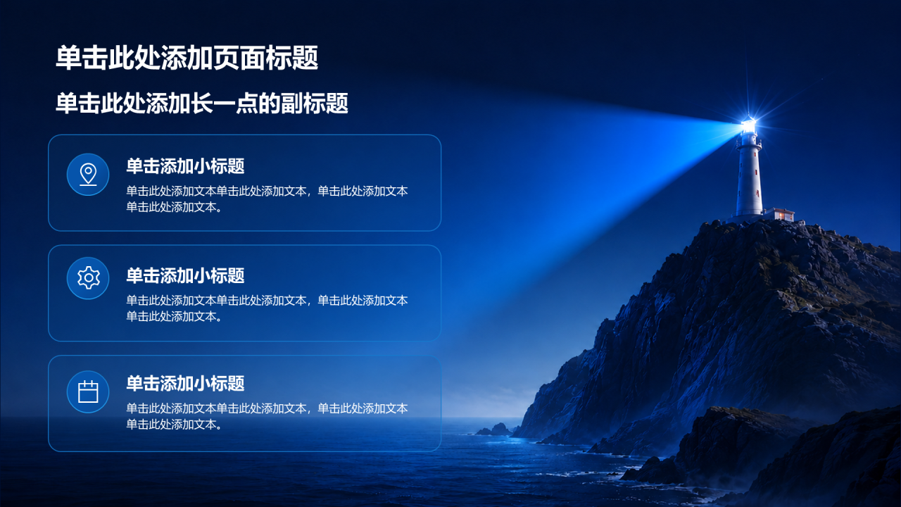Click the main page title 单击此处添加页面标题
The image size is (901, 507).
coord(187,58)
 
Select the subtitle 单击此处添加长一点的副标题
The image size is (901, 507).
coord(202,103)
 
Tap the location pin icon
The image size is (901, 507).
coord(88,175)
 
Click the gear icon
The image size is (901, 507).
coord(89,277)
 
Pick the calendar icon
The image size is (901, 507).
coord(88,392)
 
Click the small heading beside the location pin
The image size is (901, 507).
coord(185,165)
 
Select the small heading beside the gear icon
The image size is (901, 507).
coord(185,275)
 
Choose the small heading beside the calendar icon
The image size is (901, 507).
coord(185,384)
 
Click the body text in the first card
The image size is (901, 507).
coord(267,199)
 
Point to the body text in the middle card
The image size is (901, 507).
coord(267,308)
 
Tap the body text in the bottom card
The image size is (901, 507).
coord(267,416)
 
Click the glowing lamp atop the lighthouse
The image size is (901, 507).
coord(748,125)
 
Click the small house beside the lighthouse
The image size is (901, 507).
coord(779,214)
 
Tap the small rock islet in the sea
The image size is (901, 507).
coord(494,430)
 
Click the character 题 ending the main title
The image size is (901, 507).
coord(305,58)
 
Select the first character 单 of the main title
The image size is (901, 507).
coord(68,58)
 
